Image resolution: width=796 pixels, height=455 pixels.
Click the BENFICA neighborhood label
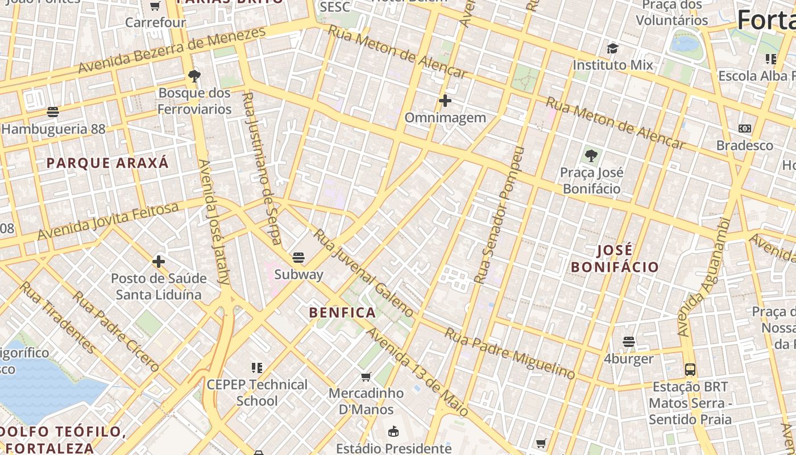pos(342,312)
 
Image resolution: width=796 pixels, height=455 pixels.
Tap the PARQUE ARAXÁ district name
pos(107,163)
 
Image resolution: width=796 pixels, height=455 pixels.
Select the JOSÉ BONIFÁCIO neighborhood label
pos(615,259)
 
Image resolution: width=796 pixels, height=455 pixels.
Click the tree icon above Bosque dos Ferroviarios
pos(194,76)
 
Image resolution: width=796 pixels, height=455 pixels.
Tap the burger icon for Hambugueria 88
pos(53,112)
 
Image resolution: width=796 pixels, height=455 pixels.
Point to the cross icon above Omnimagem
pos(445,101)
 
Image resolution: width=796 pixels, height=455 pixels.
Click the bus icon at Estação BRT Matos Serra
pos(690,370)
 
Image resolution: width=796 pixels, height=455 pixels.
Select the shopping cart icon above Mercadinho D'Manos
pos(366,377)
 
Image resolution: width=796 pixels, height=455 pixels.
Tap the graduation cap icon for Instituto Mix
pos(612,49)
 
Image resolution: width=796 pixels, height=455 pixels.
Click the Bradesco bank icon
pos(744,129)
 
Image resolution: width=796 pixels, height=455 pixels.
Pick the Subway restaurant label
pos(298,274)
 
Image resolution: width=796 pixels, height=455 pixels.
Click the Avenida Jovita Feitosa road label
pos(107,221)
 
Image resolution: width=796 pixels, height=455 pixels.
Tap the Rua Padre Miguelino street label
pos(509,353)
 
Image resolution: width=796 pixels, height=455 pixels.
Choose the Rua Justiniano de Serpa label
pos(262,168)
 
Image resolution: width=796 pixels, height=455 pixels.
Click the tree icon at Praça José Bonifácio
pos(591,155)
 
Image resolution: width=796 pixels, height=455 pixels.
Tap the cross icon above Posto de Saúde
pos(159,262)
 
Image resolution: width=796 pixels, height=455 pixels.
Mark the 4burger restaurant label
pos(628,359)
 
